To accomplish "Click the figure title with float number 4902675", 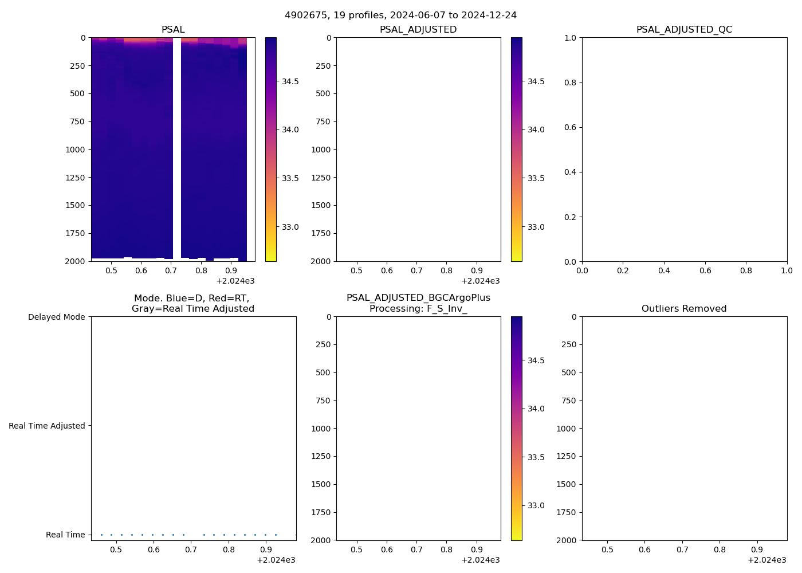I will coord(400,15).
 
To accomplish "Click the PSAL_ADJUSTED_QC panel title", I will coord(684,29).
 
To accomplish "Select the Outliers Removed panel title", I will coord(684,308).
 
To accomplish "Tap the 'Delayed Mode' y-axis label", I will coord(56,317).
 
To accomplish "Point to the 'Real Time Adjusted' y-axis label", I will coord(46,426).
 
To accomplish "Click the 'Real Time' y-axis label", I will coord(65,535).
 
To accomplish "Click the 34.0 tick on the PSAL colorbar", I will coord(290,129).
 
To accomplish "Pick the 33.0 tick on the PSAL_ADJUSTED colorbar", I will coord(536,227).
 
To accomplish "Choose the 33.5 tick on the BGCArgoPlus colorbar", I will coord(536,457).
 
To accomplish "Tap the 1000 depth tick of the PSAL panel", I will coord(75,150).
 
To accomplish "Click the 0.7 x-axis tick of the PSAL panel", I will coord(171,270).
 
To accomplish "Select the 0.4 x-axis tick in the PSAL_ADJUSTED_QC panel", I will coord(664,270).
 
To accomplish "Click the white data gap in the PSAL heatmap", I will coord(177,143).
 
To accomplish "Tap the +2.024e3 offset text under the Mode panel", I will coord(276,560).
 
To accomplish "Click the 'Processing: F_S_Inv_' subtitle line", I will coord(418,308).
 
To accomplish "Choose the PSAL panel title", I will coord(173,29).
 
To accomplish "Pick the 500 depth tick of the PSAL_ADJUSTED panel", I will coord(323,93).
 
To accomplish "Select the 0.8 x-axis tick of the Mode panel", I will coord(229,550).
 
